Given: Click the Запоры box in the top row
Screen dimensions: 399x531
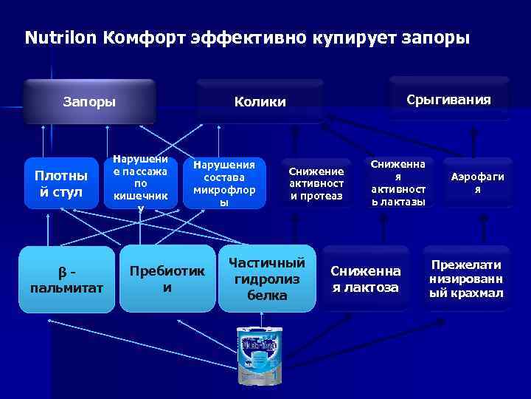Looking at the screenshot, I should pos(89,100).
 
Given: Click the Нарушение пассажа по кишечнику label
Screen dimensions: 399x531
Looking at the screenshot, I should pos(140,183).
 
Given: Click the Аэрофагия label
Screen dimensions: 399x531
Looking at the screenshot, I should pos(477,183).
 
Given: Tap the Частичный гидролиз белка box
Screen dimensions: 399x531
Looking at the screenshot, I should pos(267,279).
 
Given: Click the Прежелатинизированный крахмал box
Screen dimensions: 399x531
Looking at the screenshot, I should pos(466,278).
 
